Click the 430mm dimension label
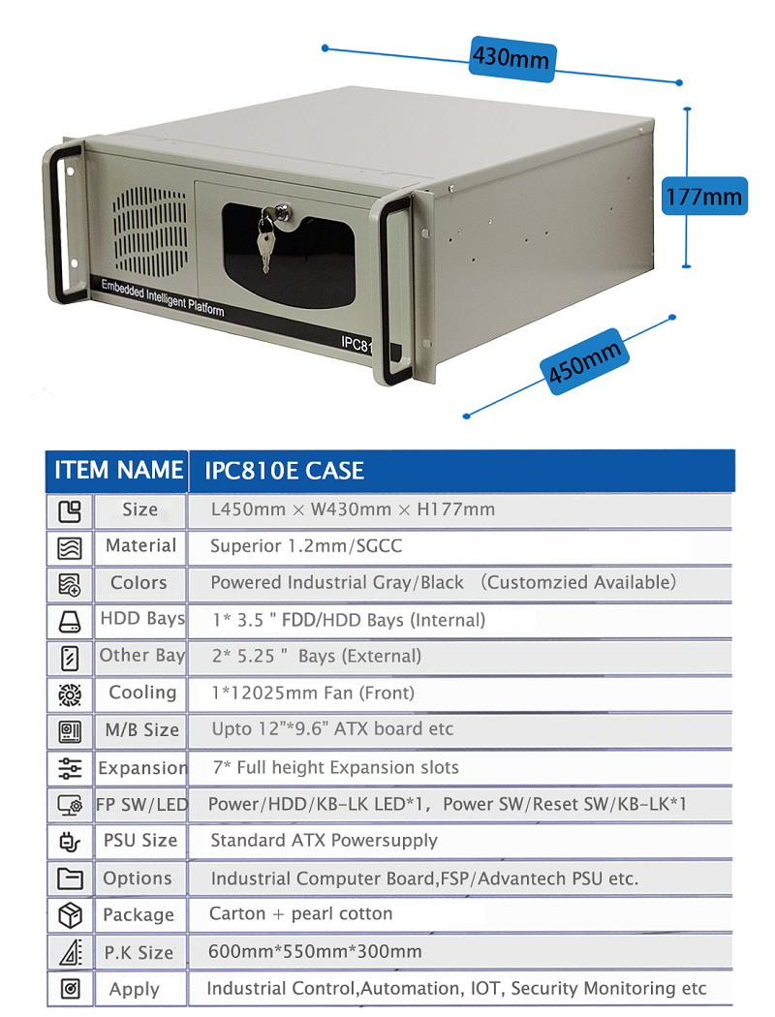[511, 58]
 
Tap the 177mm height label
[703, 196]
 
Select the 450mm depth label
[585, 361]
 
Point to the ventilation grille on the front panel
[150, 231]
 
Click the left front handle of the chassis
[65, 224]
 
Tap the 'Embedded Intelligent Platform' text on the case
[163, 297]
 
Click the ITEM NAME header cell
[117, 470]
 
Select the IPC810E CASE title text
[284, 471]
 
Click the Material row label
[140, 545]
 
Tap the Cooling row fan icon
[70, 694]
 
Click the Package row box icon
[70, 916]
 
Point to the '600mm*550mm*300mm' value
[315, 951]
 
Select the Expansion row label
[142, 768]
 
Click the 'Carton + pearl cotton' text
[300, 914]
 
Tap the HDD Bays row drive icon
[70, 622]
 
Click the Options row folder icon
[70, 878]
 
